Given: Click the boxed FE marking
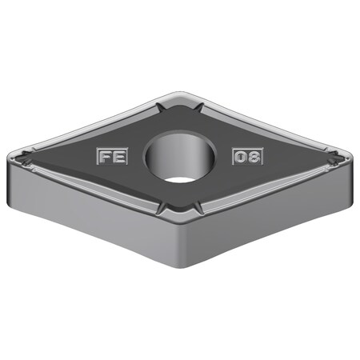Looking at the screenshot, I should point(112,157).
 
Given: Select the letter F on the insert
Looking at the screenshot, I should point(106,157).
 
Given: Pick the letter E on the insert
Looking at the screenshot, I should point(119,157).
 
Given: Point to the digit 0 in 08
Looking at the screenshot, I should point(242,157).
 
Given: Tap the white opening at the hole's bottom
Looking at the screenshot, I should point(182,177).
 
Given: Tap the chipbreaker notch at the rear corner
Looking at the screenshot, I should point(179,105).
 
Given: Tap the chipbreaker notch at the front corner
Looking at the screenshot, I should point(179,210).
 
